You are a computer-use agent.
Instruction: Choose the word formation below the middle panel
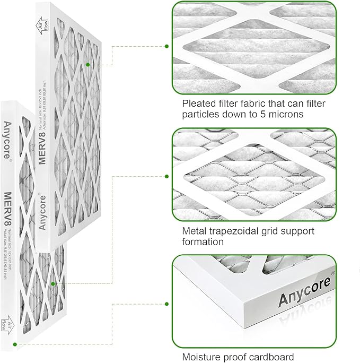coord(203,242)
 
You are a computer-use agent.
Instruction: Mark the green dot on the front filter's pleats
coord(53,284)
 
